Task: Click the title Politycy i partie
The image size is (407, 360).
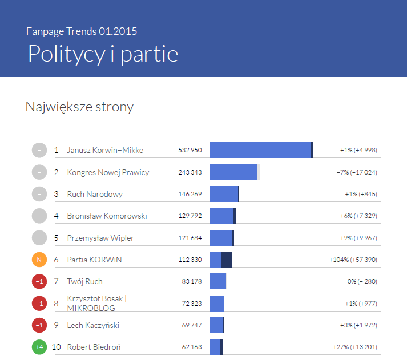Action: (x=103, y=54)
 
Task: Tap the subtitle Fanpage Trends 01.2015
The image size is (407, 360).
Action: (x=82, y=31)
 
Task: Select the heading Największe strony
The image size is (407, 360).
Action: (x=79, y=107)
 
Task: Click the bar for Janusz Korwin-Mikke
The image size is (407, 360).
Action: (x=261, y=150)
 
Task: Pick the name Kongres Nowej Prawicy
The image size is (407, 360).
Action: (x=108, y=172)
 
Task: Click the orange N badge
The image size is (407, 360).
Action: (x=39, y=260)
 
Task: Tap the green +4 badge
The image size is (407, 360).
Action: (x=39, y=347)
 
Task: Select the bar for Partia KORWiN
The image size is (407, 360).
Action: (x=221, y=260)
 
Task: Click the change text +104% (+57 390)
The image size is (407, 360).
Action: (x=353, y=260)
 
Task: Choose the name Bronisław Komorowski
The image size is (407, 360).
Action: (x=107, y=216)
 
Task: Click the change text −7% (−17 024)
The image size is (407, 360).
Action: (x=357, y=172)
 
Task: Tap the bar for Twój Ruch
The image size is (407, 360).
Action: (x=218, y=281)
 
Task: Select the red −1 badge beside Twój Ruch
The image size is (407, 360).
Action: (x=39, y=281)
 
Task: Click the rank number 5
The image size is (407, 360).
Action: (x=56, y=238)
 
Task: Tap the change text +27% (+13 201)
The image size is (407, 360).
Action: (x=354, y=347)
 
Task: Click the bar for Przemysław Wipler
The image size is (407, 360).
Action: (x=222, y=238)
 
